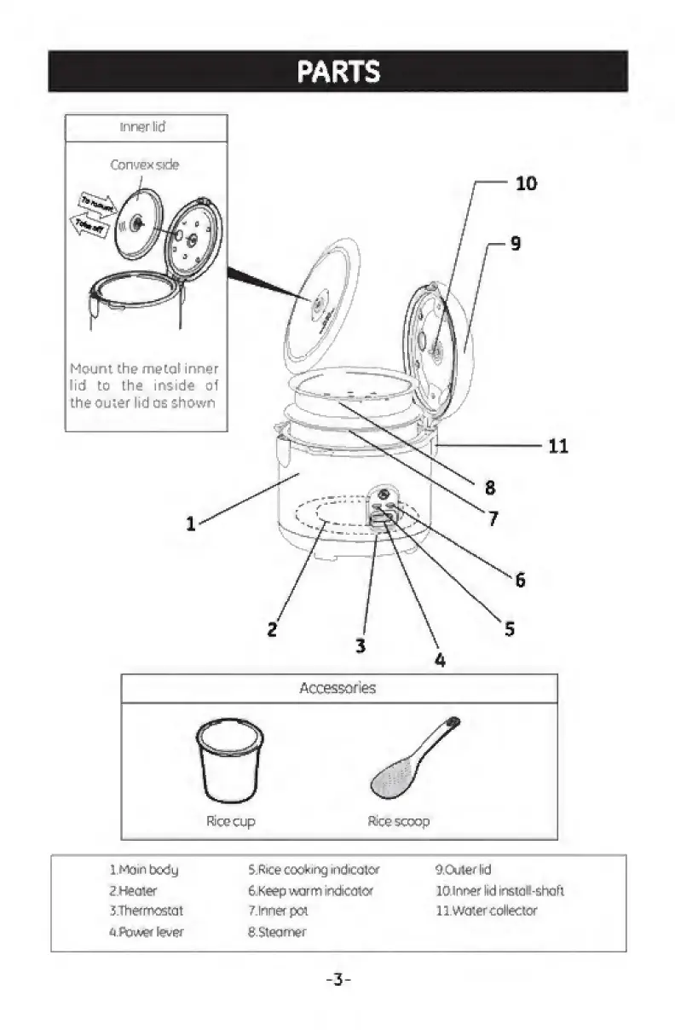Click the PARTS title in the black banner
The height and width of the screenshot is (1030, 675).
coord(338,72)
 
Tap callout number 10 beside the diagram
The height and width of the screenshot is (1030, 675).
coord(527,182)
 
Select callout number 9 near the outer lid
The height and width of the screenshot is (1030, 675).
coord(515,243)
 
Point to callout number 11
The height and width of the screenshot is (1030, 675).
coord(558,445)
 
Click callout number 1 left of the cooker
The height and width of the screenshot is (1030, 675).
coord(191,524)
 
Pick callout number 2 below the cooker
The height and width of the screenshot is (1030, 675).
coord(272,629)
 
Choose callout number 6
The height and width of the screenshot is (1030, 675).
coord(520,580)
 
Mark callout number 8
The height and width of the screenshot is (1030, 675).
coord(490,488)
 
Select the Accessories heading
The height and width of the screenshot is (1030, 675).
coord(337,688)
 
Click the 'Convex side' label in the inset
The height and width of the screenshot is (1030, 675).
coord(145,165)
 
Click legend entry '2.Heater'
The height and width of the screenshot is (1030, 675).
coord(133,890)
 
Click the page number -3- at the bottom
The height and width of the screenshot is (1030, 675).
coord(338,980)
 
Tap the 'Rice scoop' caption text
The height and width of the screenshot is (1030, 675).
coord(398,822)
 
